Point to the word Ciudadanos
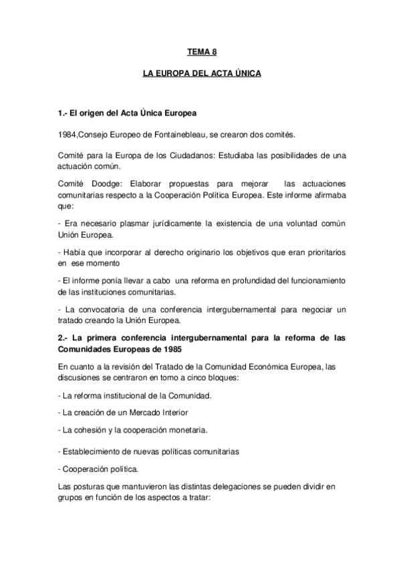[184, 156]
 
